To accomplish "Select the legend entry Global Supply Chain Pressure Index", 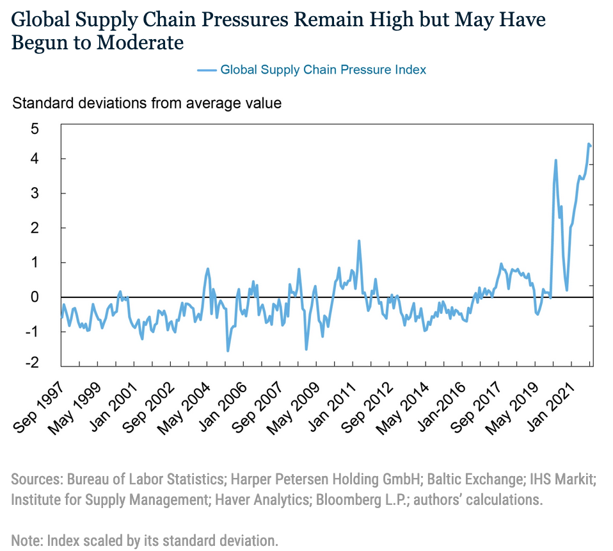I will (323, 70).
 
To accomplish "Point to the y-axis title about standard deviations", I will (147, 103).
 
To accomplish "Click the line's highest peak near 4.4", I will (589, 144).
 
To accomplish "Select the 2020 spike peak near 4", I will (555, 160).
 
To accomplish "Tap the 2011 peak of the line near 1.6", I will (359, 241).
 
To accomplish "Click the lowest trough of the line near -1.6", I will (228, 350).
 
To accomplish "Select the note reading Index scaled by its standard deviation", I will (145, 540).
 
